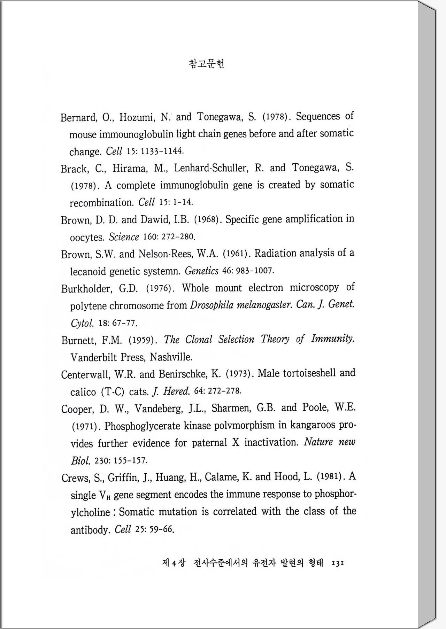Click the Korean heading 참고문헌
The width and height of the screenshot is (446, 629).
(206, 64)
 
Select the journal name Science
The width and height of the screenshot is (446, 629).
(124, 237)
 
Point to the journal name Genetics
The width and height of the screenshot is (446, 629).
(201, 271)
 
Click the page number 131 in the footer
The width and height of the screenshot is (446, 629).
(338, 563)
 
